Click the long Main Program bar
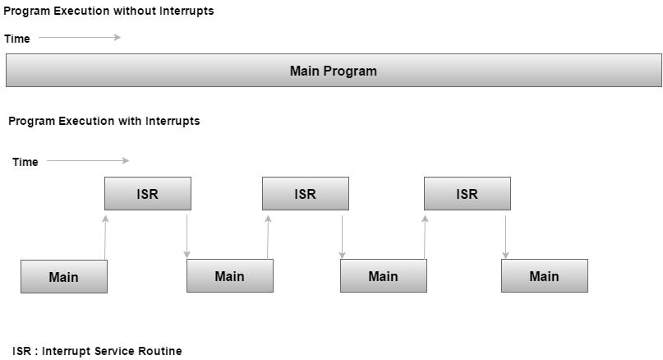(x=334, y=71)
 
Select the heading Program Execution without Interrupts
(x=108, y=11)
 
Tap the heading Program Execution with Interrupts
(x=104, y=121)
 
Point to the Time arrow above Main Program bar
(x=80, y=37)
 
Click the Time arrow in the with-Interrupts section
(x=88, y=160)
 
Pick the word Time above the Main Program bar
(x=17, y=39)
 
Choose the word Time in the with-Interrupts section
(x=25, y=162)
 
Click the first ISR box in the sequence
(x=148, y=194)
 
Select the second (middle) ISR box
(x=306, y=194)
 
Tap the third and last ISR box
(x=467, y=194)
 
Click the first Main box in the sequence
(x=64, y=276)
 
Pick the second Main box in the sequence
(x=230, y=276)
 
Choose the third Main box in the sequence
(x=384, y=276)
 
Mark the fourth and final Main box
(x=545, y=276)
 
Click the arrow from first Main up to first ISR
(x=105, y=237)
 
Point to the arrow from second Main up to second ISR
(x=269, y=237)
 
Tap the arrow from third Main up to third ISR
(x=425, y=237)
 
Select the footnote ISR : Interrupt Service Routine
(x=97, y=351)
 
